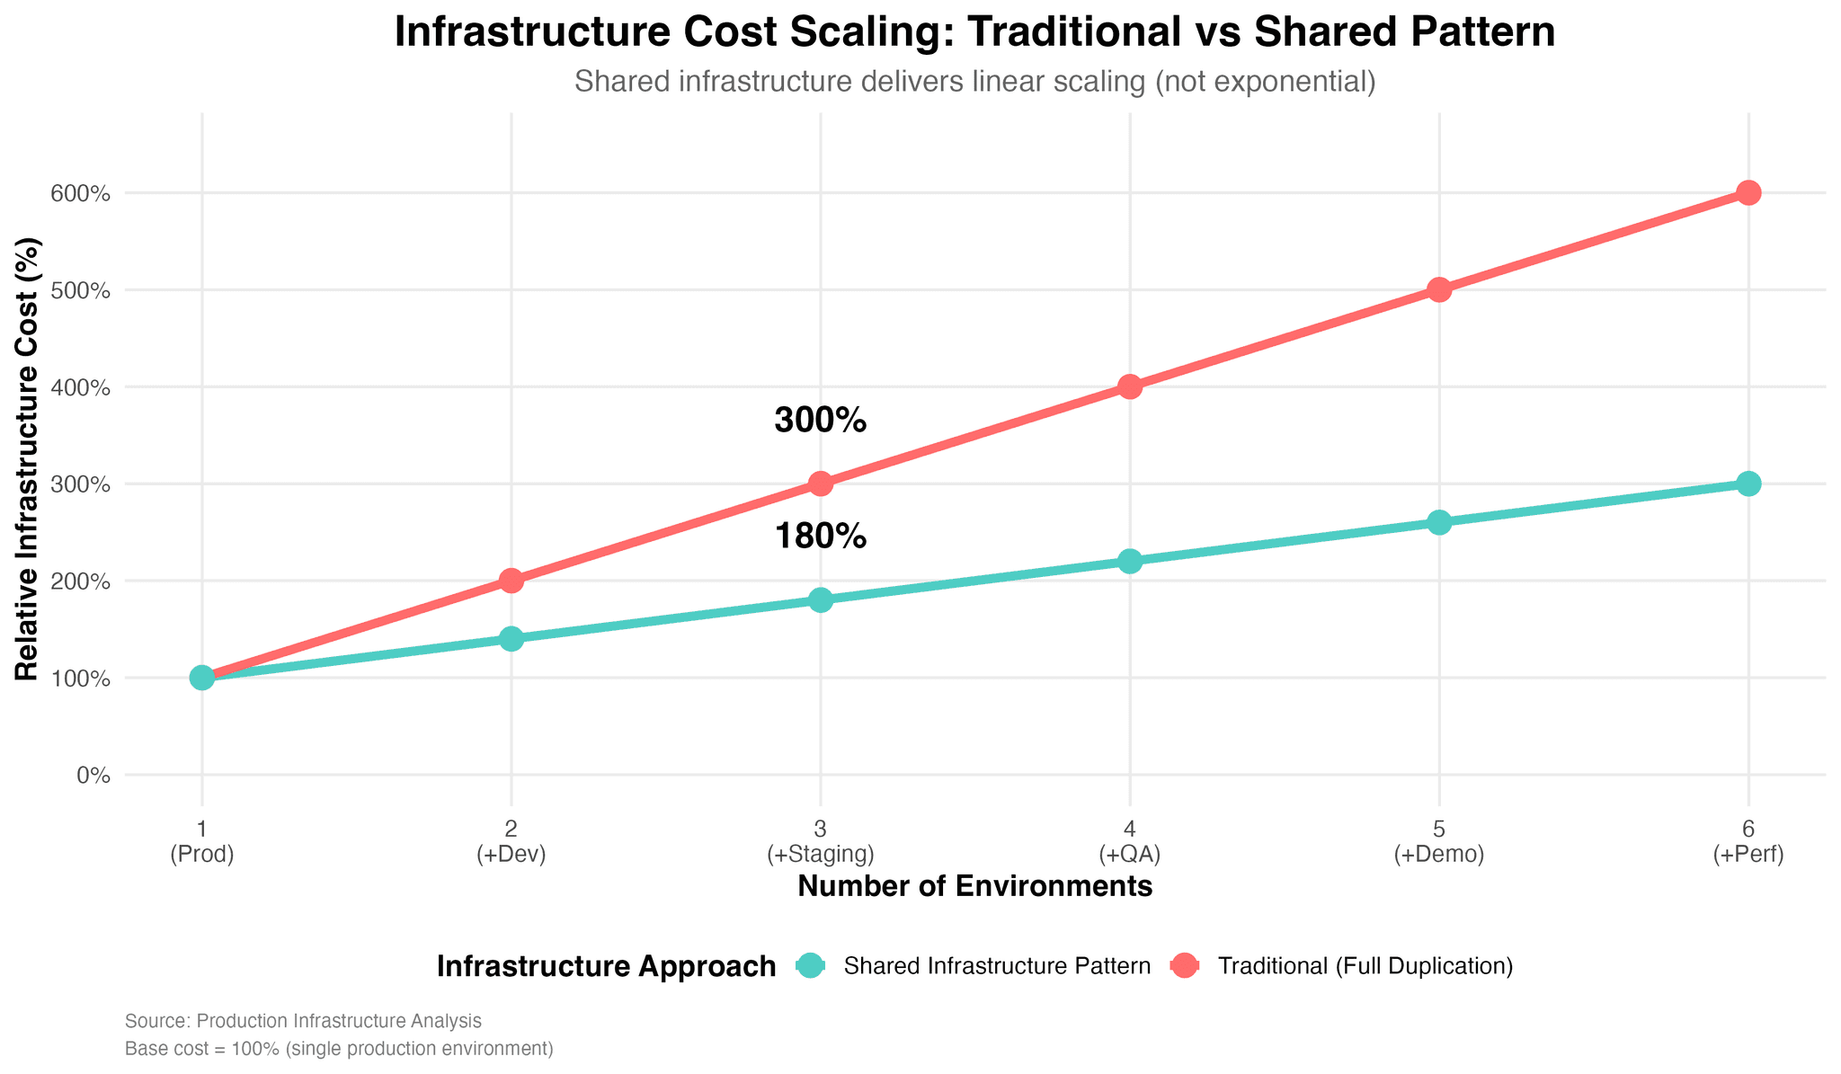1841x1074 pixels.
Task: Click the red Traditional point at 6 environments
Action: coord(1748,192)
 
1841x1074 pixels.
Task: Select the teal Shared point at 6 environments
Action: coord(1748,484)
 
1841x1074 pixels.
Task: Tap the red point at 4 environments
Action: coord(1130,386)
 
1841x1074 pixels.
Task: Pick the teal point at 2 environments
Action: coord(511,639)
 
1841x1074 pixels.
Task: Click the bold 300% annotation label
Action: coord(820,421)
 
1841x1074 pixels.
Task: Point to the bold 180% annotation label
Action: coord(820,537)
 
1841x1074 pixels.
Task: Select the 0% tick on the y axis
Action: coord(93,775)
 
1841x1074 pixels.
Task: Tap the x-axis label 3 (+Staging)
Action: coord(820,841)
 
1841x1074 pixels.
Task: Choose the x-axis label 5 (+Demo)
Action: coord(1438,841)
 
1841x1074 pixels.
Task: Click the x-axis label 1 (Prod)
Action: coord(202,841)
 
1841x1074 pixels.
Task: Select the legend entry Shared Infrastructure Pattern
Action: coord(997,966)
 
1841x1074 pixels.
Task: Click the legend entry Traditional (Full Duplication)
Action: coord(1365,966)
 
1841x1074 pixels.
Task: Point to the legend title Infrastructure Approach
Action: coord(606,966)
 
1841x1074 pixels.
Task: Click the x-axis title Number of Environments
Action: coord(974,887)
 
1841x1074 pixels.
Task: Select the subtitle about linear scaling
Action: coord(974,82)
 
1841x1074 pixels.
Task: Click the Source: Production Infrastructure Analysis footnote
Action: coord(303,1021)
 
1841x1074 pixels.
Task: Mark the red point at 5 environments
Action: coord(1438,289)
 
